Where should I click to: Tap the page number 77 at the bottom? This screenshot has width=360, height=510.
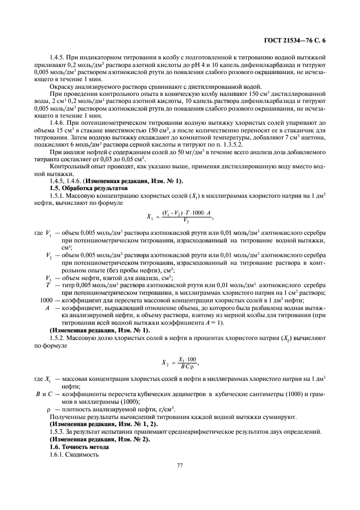coord(180,465)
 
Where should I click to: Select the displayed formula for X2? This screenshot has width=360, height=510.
coord(179,362)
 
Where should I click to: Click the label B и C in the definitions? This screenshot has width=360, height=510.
coord(44,393)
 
